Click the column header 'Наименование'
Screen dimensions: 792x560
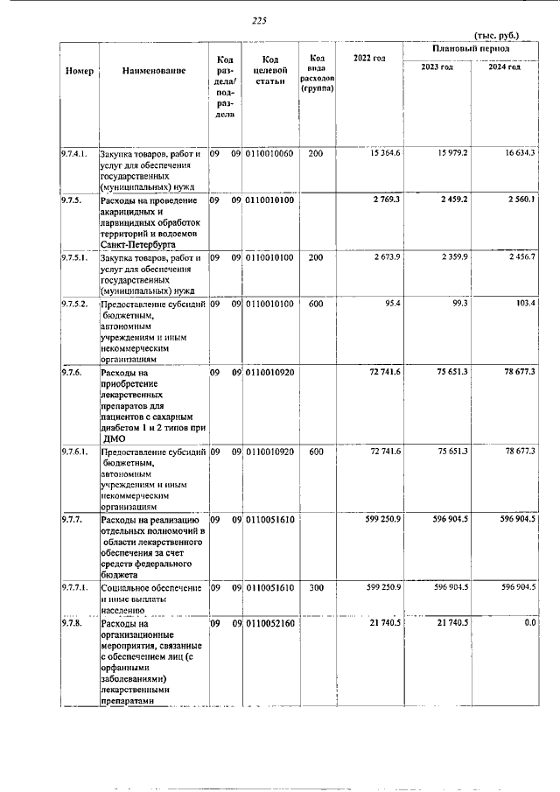click(x=154, y=69)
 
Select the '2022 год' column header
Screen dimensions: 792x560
click(x=368, y=59)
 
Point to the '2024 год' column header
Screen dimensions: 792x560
click(x=505, y=67)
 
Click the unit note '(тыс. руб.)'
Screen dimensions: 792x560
click(x=496, y=35)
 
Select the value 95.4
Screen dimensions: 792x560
click(x=391, y=303)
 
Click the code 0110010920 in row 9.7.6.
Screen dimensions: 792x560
click(x=269, y=373)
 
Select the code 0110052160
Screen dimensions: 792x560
click(x=269, y=623)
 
